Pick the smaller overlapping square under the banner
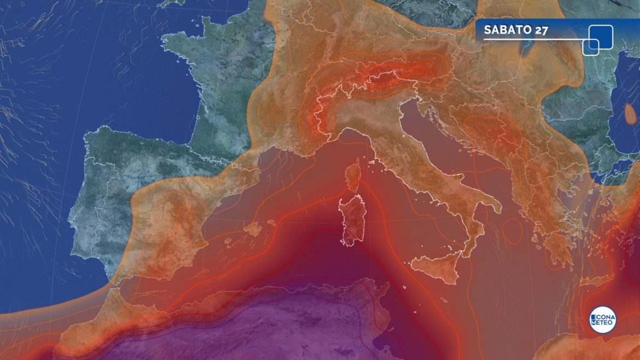(x=590, y=47)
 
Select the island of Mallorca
(x=253, y=228)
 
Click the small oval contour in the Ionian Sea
(x=512, y=231)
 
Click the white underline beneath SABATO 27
(x=531, y=39)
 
